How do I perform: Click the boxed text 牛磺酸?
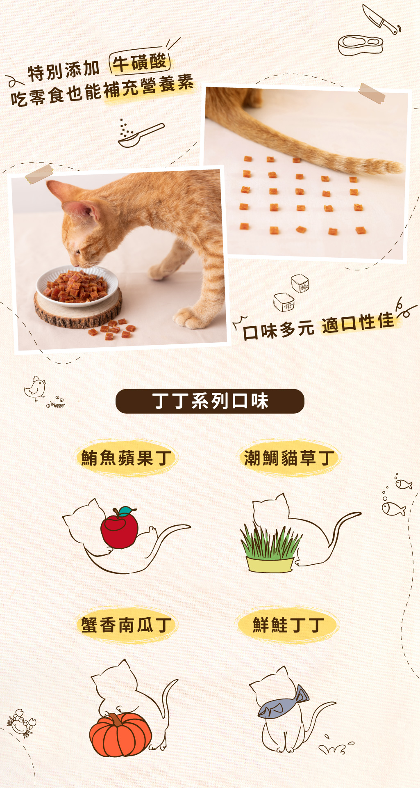tap(139, 63)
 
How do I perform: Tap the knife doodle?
tap(381, 19)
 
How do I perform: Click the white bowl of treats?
tap(77, 286)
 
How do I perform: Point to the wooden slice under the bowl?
tap(78, 311)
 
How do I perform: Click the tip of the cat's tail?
tap(400, 167)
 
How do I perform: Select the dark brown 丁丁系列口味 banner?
tap(210, 401)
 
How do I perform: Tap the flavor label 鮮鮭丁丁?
tap(289, 625)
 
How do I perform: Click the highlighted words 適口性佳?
tap(358, 323)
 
